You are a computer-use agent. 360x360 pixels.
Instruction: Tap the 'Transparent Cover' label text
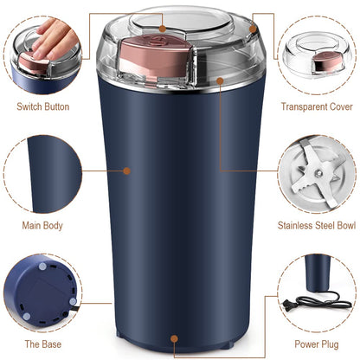click(x=317, y=106)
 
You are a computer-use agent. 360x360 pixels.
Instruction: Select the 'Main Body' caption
click(x=43, y=227)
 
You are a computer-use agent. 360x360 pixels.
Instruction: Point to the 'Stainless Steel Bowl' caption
click(x=316, y=227)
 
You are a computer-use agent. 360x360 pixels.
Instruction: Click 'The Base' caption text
click(x=42, y=344)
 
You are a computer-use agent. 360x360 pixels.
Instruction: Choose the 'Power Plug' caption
click(x=317, y=344)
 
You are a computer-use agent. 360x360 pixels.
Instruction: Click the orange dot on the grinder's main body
click(x=127, y=170)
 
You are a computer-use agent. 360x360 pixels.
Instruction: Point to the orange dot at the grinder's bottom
click(x=176, y=339)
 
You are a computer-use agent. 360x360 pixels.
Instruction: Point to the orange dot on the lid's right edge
click(x=254, y=29)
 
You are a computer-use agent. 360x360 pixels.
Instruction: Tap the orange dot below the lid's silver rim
click(x=220, y=80)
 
